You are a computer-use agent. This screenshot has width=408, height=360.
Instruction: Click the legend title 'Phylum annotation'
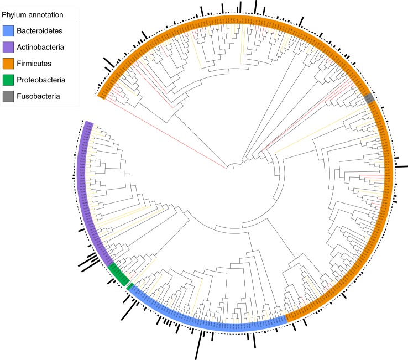coord(32,14)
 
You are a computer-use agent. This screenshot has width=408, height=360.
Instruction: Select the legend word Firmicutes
coord(34,64)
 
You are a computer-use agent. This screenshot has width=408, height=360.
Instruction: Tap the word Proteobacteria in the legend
coord(41,80)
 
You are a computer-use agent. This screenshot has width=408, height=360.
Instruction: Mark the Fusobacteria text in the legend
coord(38,96)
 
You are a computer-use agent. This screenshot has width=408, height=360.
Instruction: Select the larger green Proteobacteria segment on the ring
coord(118,274)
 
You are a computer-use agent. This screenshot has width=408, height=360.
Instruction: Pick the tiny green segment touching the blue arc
coord(129,286)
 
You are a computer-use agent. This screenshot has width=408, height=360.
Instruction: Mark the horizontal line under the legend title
coord(39,22)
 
